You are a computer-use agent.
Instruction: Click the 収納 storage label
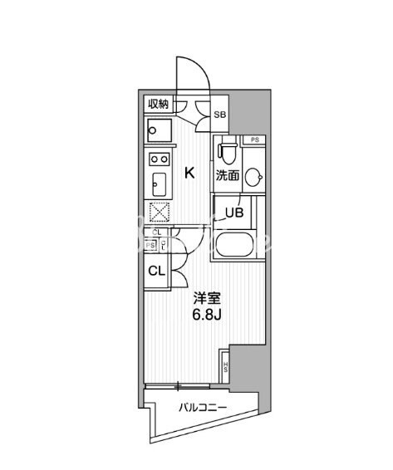click(158, 104)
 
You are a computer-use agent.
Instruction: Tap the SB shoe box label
click(220, 115)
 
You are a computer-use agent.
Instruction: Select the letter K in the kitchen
click(189, 173)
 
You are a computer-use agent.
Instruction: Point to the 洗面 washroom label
click(228, 175)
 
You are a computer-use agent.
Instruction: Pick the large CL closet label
click(156, 271)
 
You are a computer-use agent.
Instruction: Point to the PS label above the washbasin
click(254, 140)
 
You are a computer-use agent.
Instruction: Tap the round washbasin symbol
click(255, 174)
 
